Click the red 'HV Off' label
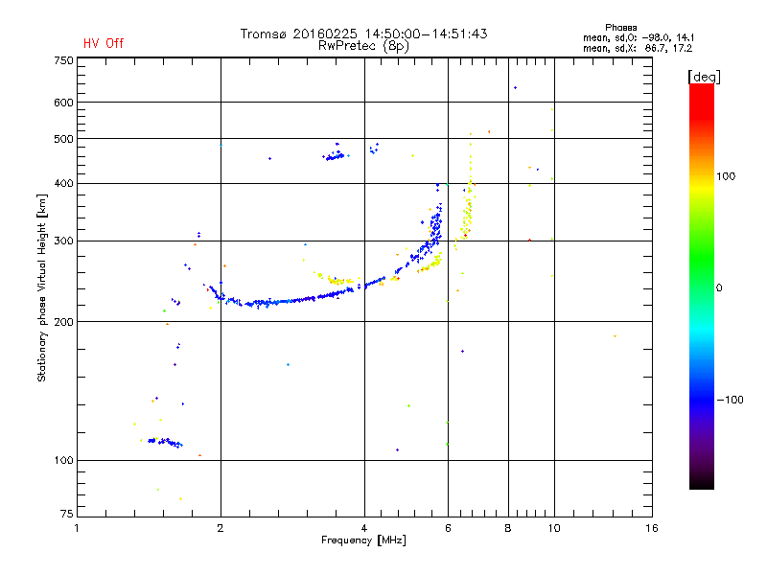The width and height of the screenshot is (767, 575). pyautogui.click(x=103, y=43)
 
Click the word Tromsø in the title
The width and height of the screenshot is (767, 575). pyautogui.click(x=264, y=34)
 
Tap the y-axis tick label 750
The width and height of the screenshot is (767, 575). pyautogui.click(x=63, y=60)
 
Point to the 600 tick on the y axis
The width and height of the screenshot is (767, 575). pyautogui.click(x=63, y=102)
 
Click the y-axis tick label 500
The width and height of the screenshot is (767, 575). pyautogui.click(x=63, y=139)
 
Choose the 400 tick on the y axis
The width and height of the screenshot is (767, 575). pyautogui.click(x=63, y=183)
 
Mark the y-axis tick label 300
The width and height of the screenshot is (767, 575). pyautogui.click(x=63, y=241)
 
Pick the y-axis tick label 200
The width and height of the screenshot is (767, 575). pyautogui.click(x=63, y=321)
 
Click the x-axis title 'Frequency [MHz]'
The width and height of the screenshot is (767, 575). pyautogui.click(x=363, y=541)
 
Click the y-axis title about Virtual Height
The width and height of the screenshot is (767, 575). pyautogui.click(x=42, y=288)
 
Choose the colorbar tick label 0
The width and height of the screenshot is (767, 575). pyautogui.click(x=718, y=287)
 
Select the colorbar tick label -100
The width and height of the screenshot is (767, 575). pyautogui.click(x=730, y=400)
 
